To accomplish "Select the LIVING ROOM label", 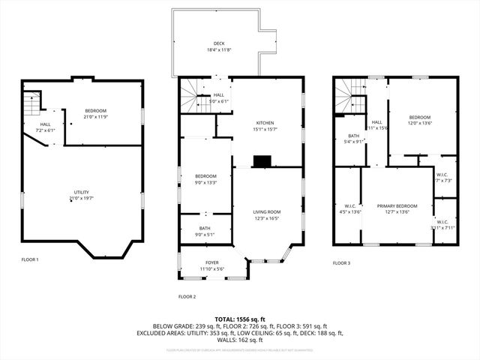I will coord(266,212).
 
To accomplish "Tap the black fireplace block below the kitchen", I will coord(262,160).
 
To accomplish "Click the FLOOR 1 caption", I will coord(30,259).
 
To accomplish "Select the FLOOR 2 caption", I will coord(187,296).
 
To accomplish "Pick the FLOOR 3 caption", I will coord(341,262).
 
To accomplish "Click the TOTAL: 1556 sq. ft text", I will coord(239,319).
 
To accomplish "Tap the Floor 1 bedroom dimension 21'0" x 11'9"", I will coord(95,117).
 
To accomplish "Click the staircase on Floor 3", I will coord(349,95).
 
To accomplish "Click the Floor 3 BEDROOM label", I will coord(419,118).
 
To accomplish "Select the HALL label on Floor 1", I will coord(45,124).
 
